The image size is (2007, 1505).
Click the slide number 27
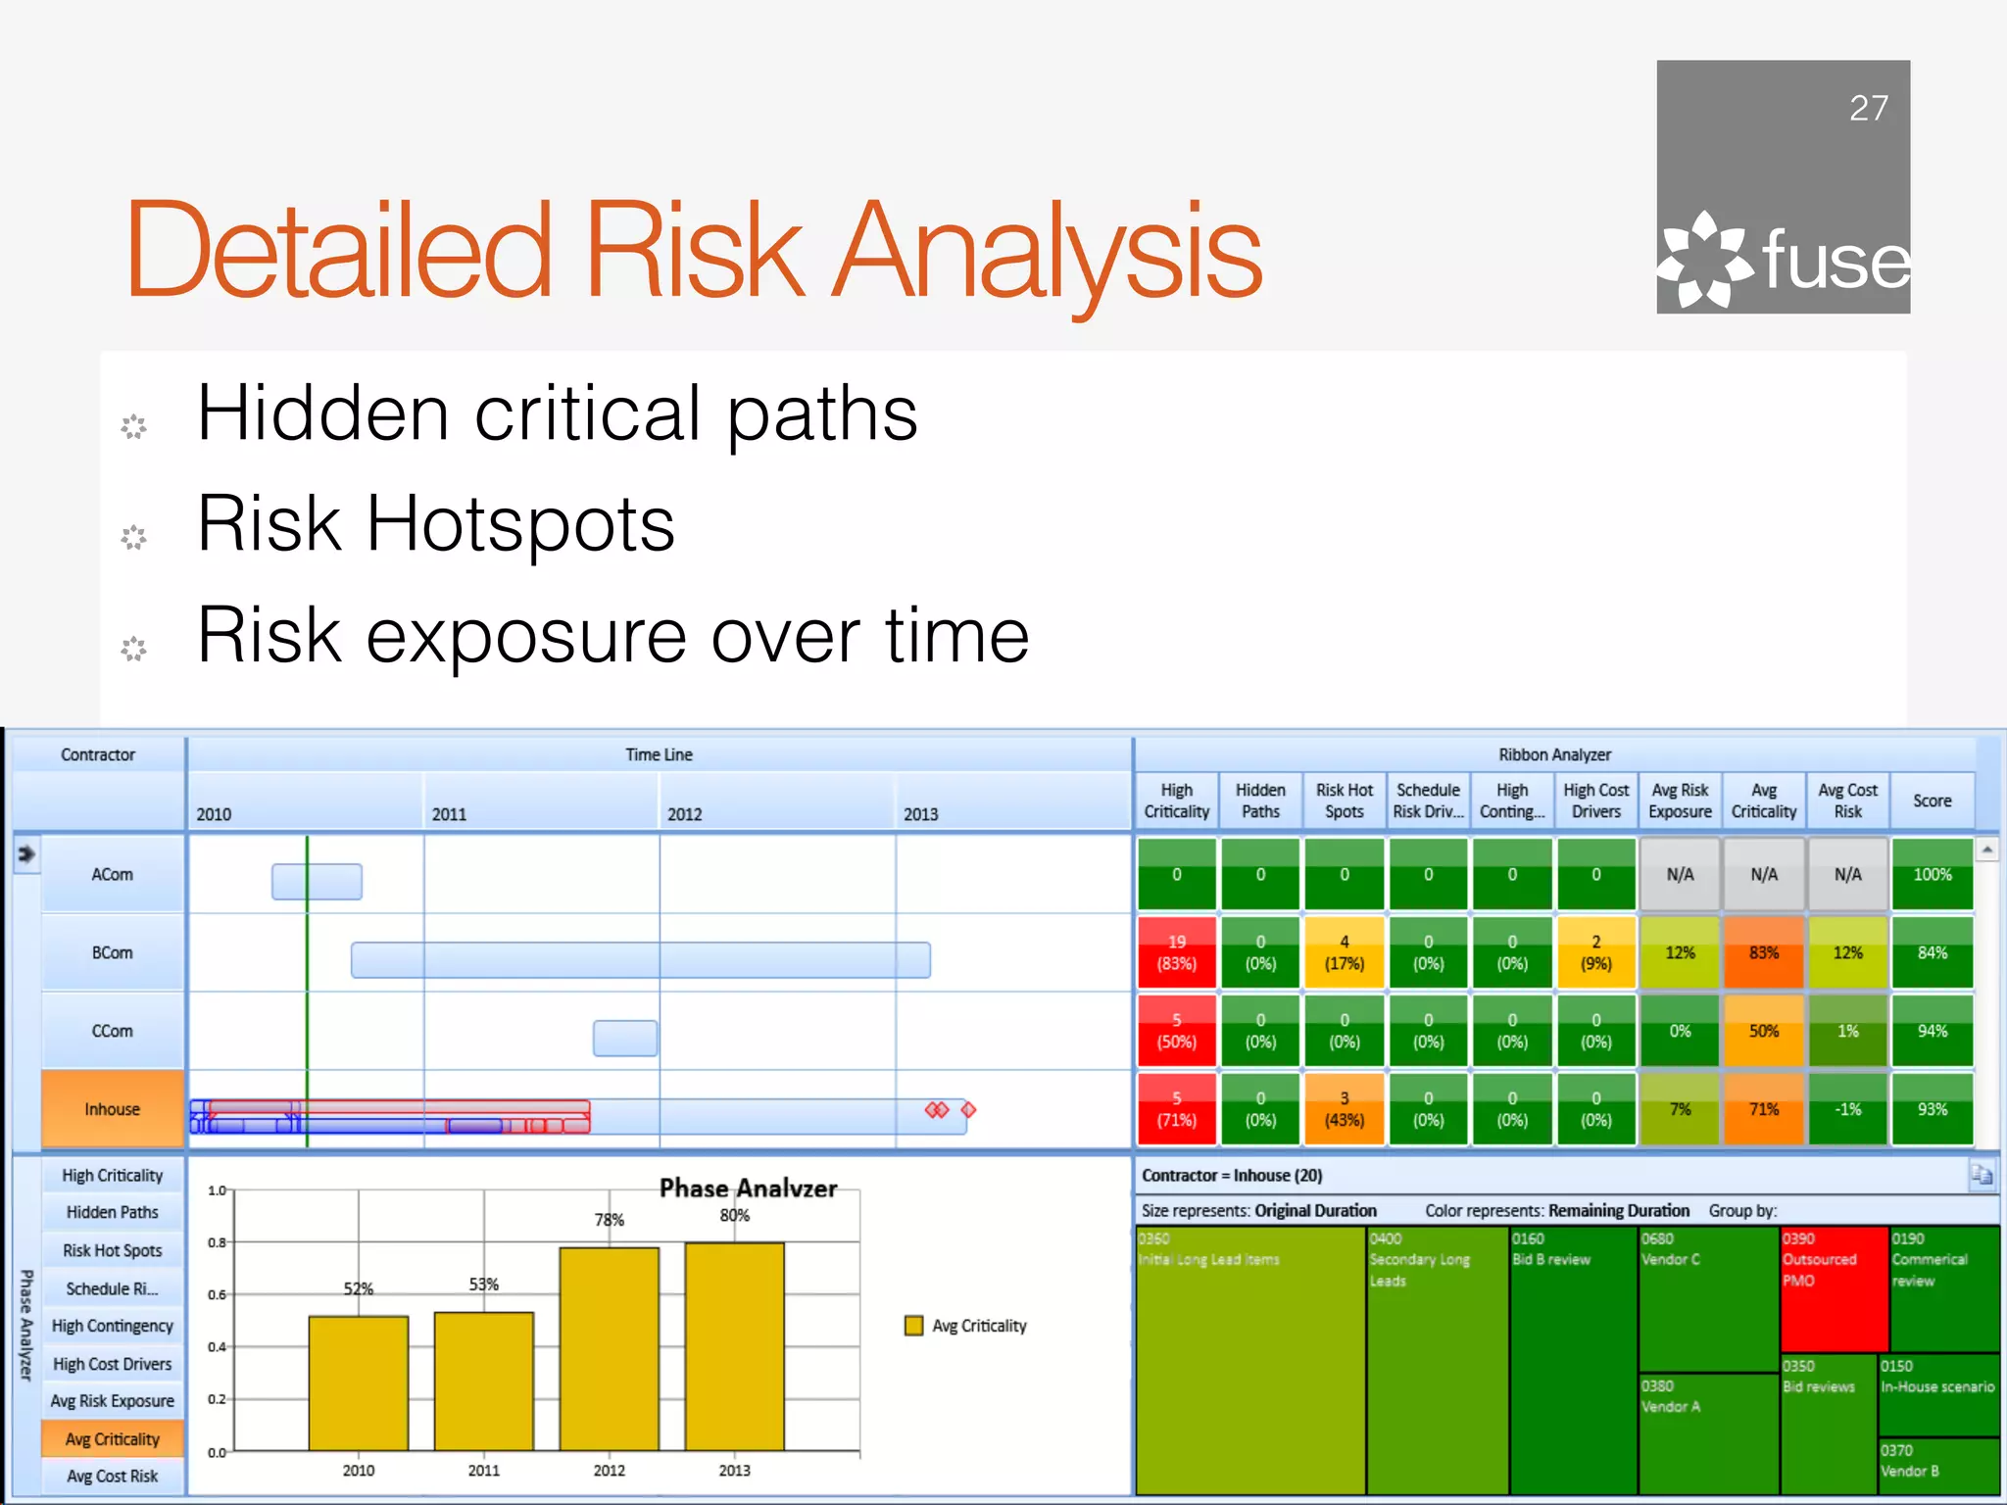click(1868, 108)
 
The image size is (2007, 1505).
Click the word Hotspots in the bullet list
click(519, 524)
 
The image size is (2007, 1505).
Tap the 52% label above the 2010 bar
click(358, 1288)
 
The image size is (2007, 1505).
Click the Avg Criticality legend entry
click(966, 1326)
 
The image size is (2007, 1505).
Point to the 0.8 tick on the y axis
click(217, 1242)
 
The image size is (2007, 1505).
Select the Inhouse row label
click(113, 1109)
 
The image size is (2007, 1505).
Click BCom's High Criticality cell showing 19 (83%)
click(1176, 952)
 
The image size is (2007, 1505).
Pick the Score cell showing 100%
click(1932, 874)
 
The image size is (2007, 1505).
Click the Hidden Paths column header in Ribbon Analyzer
click(1260, 801)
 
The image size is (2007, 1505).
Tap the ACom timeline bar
click(317, 882)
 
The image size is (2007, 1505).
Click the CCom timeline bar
click(624, 1038)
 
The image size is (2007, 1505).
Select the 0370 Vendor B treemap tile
click(1937, 1465)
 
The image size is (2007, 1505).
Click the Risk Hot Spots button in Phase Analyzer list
click(113, 1250)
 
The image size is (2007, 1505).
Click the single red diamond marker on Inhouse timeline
click(968, 1109)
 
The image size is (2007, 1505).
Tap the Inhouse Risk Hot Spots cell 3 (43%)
click(1344, 1109)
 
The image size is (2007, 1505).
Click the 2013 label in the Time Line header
click(920, 814)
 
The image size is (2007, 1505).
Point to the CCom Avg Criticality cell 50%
click(1763, 1031)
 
